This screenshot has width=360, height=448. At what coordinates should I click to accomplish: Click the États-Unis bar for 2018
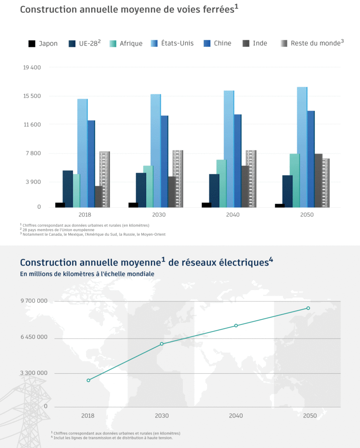pyautogui.click(x=82, y=153)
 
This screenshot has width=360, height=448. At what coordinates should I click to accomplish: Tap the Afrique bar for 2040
pyautogui.click(x=221, y=183)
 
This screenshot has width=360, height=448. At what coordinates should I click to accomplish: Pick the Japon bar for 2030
pyautogui.click(x=133, y=205)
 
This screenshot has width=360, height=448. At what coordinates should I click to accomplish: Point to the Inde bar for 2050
pyautogui.click(x=318, y=180)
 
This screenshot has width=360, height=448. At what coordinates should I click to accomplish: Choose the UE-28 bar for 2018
pyautogui.click(x=67, y=189)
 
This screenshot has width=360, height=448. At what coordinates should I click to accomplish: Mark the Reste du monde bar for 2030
pyautogui.click(x=178, y=178)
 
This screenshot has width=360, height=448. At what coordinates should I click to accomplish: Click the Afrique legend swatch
pyautogui.click(x=113, y=43)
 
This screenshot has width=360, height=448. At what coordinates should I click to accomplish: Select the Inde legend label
pyautogui.click(x=260, y=43)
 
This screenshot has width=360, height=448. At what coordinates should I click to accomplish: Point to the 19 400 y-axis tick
pyautogui.click(x=32, y=67)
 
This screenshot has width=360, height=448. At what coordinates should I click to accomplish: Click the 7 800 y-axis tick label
pyautogui.click(x=32, y=153)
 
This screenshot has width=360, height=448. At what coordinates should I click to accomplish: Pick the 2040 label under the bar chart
pyautogui.click(x=233, y=215)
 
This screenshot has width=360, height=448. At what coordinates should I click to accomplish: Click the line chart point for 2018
pyautogui.click(x=88, y=380)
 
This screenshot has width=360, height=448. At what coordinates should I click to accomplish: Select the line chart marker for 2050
pyautogui.click(x=308, y=308)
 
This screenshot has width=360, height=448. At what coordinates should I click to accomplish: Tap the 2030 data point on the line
pyautogui.click(x=162, y=344)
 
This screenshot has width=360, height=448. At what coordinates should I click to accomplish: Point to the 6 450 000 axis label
pyautogui.click(x=34, y=337)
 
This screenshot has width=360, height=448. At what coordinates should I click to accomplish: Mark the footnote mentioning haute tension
pyautogui.click(x=114, y=437)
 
